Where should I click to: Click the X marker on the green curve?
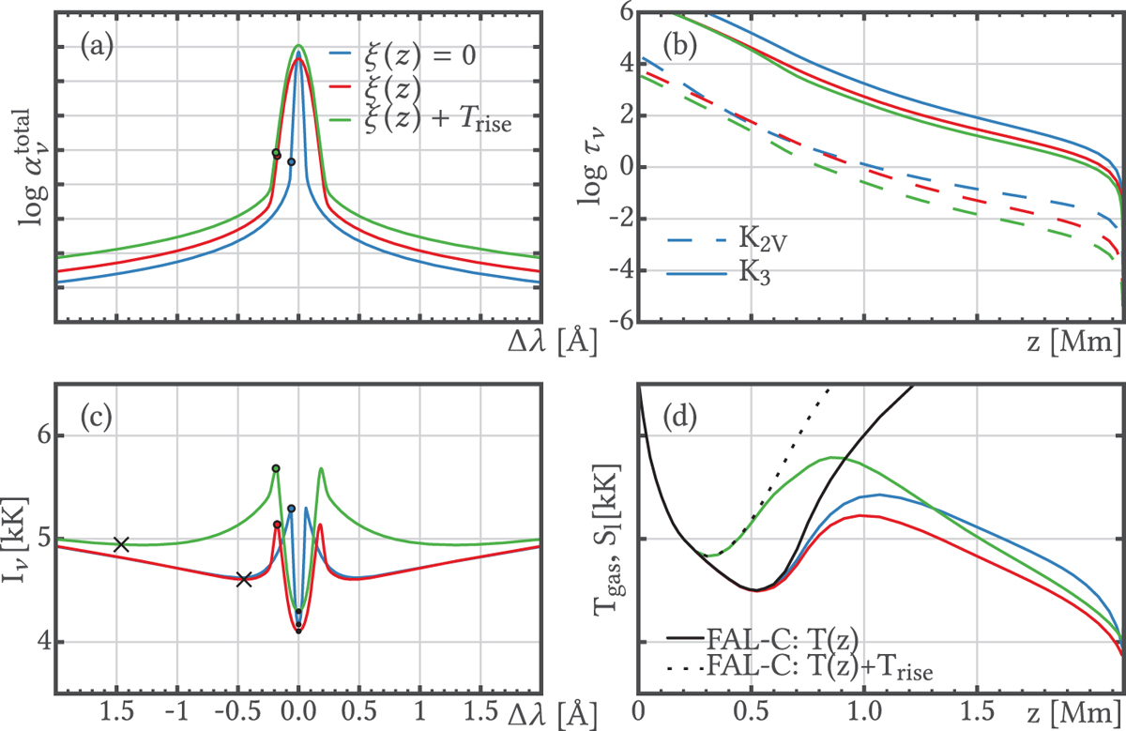(120, 544)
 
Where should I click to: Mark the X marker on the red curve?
(244, 580)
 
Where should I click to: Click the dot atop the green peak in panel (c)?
(276, 468)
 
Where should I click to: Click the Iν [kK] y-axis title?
(21, 540)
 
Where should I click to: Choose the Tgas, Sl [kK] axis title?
(611, 539)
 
